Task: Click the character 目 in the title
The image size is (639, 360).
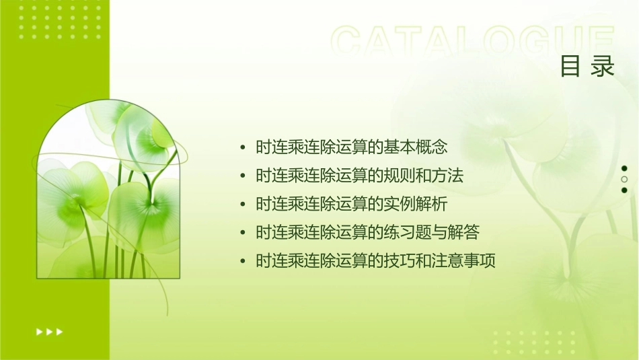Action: [570, 67]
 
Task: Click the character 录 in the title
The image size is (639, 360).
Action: [603, 67]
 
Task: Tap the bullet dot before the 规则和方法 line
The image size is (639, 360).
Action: [243, 176]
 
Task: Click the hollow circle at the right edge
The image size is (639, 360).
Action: [624, 180]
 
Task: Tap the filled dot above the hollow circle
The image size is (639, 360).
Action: [624, 168]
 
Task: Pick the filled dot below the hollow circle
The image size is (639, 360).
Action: [624, 190]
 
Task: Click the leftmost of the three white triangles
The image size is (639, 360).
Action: [39, 331]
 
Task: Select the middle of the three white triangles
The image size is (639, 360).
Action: [49, 331]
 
